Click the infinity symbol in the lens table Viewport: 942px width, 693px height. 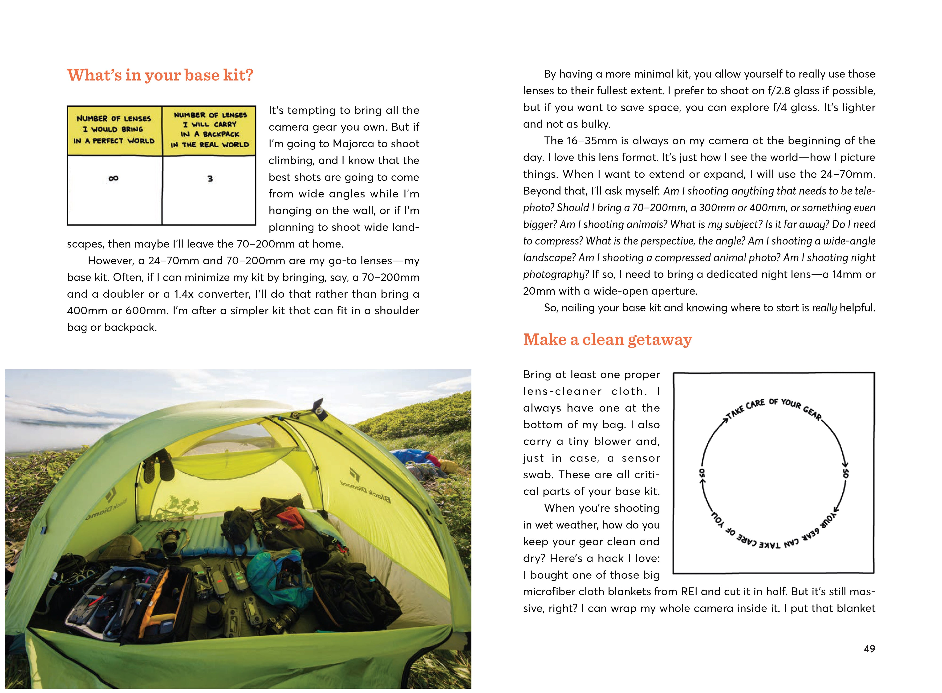pos(113,178)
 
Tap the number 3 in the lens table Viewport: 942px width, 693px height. pos(210,179)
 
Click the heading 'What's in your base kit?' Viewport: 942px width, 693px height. pos(160,75)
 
